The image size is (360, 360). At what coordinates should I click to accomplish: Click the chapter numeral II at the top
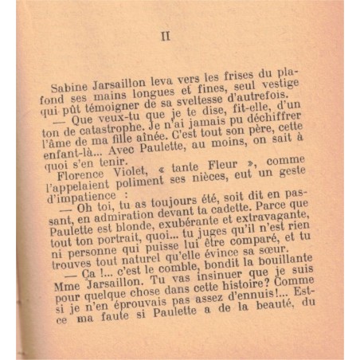[x=166, y=36]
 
